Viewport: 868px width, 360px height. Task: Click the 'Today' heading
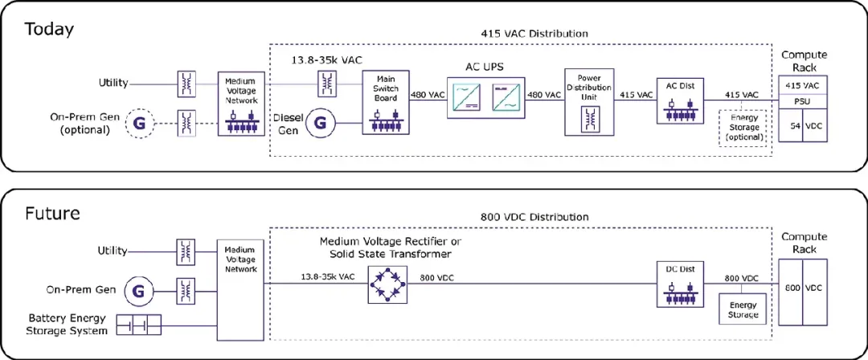(x=49, y=29)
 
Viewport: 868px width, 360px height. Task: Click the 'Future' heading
(x=52, y=213)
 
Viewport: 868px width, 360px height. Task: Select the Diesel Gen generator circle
(x=320, y=122)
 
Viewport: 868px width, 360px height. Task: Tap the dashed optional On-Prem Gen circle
(x=140, y=122)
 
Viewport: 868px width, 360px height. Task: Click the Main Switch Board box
(x=386, y=102)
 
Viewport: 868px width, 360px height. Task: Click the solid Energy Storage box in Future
(x=743, y=309)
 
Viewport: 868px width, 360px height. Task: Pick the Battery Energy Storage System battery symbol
(x=139, y=325)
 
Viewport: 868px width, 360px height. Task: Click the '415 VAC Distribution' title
(x=534, y=34)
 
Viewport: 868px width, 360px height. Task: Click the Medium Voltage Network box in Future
(x=240, y=291)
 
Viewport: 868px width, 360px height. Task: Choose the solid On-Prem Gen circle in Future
(x=140, y=289)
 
